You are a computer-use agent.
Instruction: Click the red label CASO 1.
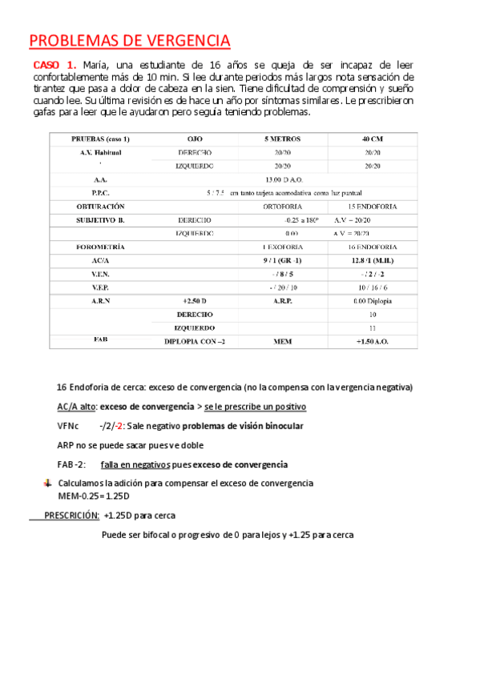click(x=54, y=65)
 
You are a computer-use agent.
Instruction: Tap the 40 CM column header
click(x=372, y=139)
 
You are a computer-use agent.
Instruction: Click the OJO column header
click(x=194, y=139)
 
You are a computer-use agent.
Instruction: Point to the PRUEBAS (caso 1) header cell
click(x=101, y=139)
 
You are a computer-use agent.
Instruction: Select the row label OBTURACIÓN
click(x=100, y=207)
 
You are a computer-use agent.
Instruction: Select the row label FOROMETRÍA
click(x=100, y=247)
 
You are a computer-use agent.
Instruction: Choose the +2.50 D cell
click(x=194, y=300)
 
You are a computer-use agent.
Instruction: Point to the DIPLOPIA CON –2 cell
click(x=194, y=340)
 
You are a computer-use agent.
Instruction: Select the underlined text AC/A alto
click(x=76, y=406)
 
